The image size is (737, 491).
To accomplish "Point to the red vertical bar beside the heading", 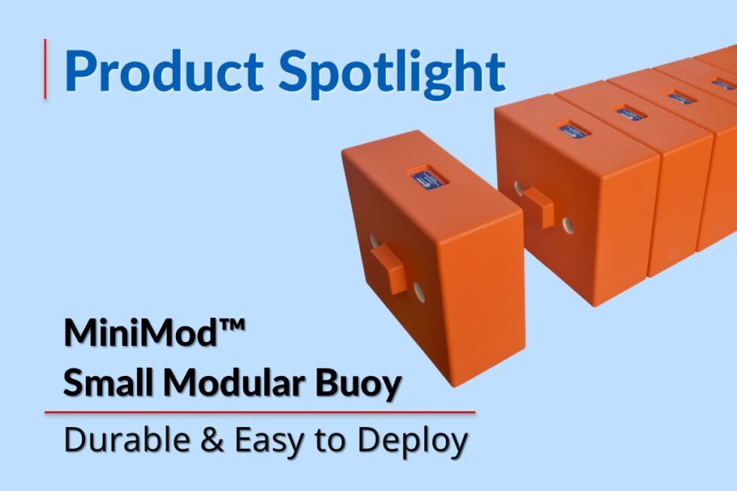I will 47,68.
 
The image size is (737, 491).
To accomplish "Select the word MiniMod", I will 132,334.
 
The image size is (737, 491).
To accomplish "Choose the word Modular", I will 235,384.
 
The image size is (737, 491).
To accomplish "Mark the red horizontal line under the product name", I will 259,412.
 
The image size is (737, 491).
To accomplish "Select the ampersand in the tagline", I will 213,441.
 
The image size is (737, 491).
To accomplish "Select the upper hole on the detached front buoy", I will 374,240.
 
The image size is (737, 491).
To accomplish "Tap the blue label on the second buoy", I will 572,129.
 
